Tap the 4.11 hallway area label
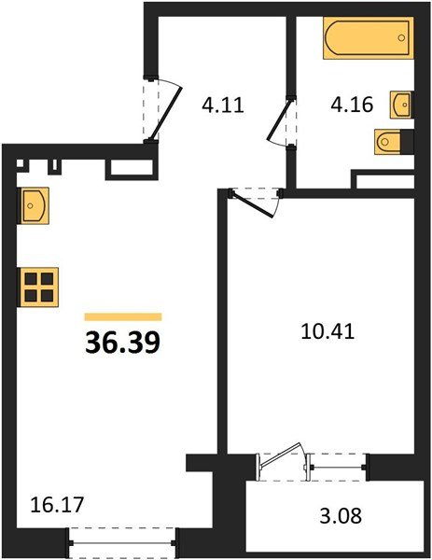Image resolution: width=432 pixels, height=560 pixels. (222, 105)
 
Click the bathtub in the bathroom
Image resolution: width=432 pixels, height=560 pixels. (367, 40)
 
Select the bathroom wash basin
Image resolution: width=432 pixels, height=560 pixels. (402, 103)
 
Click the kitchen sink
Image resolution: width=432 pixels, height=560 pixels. (34, 203)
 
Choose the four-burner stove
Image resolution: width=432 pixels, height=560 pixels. (38, 287)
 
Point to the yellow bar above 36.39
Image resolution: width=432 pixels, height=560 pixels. (123, 317)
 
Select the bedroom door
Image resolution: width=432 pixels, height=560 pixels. (257, 199)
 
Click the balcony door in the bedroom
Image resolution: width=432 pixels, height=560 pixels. (282, 461)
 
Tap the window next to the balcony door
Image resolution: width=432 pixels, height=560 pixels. (338, 462)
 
